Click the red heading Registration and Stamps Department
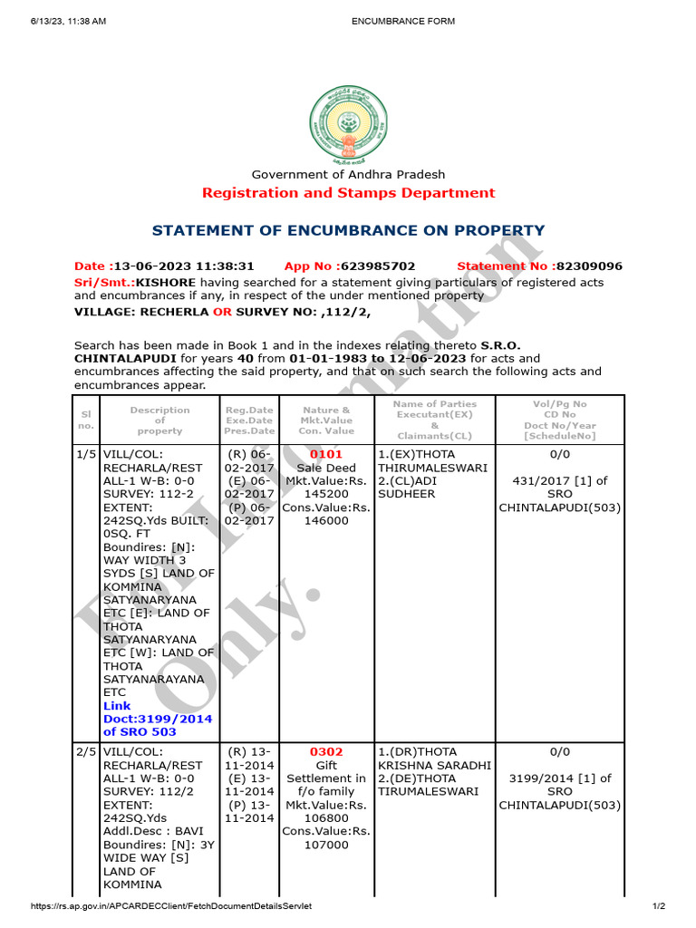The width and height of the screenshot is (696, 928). tap(348, 193)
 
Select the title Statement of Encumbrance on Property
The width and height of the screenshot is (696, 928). tap(348, 231)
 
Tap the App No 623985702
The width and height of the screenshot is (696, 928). tap(350, 266)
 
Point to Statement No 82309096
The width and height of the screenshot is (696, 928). tap(539, 266)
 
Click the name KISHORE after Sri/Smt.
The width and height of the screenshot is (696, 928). tap(165, 283)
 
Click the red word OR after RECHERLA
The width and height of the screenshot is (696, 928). tap(222, 312)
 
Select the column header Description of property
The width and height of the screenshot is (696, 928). tap(159, 420)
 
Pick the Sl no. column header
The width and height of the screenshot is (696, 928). tap(86, 420)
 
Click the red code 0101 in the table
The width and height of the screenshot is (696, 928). tap(327, 454)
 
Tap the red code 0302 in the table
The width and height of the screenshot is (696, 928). tap(326, 752)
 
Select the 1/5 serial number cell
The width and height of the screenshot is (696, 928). tap(86, 454)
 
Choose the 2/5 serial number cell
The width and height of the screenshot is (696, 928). tap(86, 752)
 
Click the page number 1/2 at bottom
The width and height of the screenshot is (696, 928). tap(659, 906)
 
